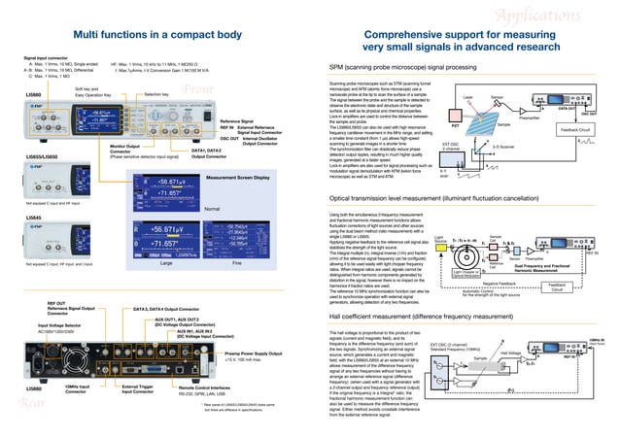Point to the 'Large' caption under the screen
[x=165, y=263]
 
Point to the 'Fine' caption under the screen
[x=237, y=263]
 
